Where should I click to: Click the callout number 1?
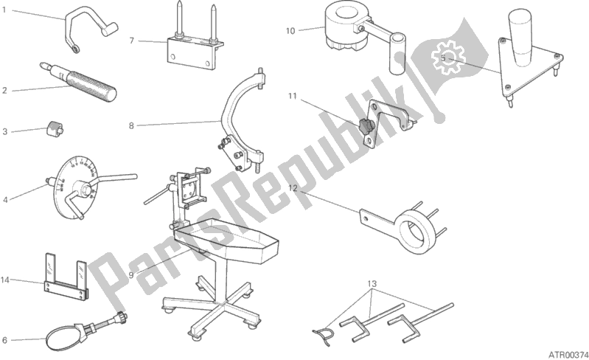(x=4, y=10)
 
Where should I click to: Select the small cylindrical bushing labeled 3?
(x=55, y=128)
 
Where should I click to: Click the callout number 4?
(x=5, y=200)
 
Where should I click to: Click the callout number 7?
(x=131, y=41)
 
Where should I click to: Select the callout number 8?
(x=131, y=125)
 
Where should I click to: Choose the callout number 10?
(x=290, y=31)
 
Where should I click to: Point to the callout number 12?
(x=293, y=188)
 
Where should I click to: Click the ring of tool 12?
(x=416, y=233)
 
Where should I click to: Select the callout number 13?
(x=372, y=284)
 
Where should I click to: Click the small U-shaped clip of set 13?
(x=324, y=334)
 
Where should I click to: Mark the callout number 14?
(x=5, y=280)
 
